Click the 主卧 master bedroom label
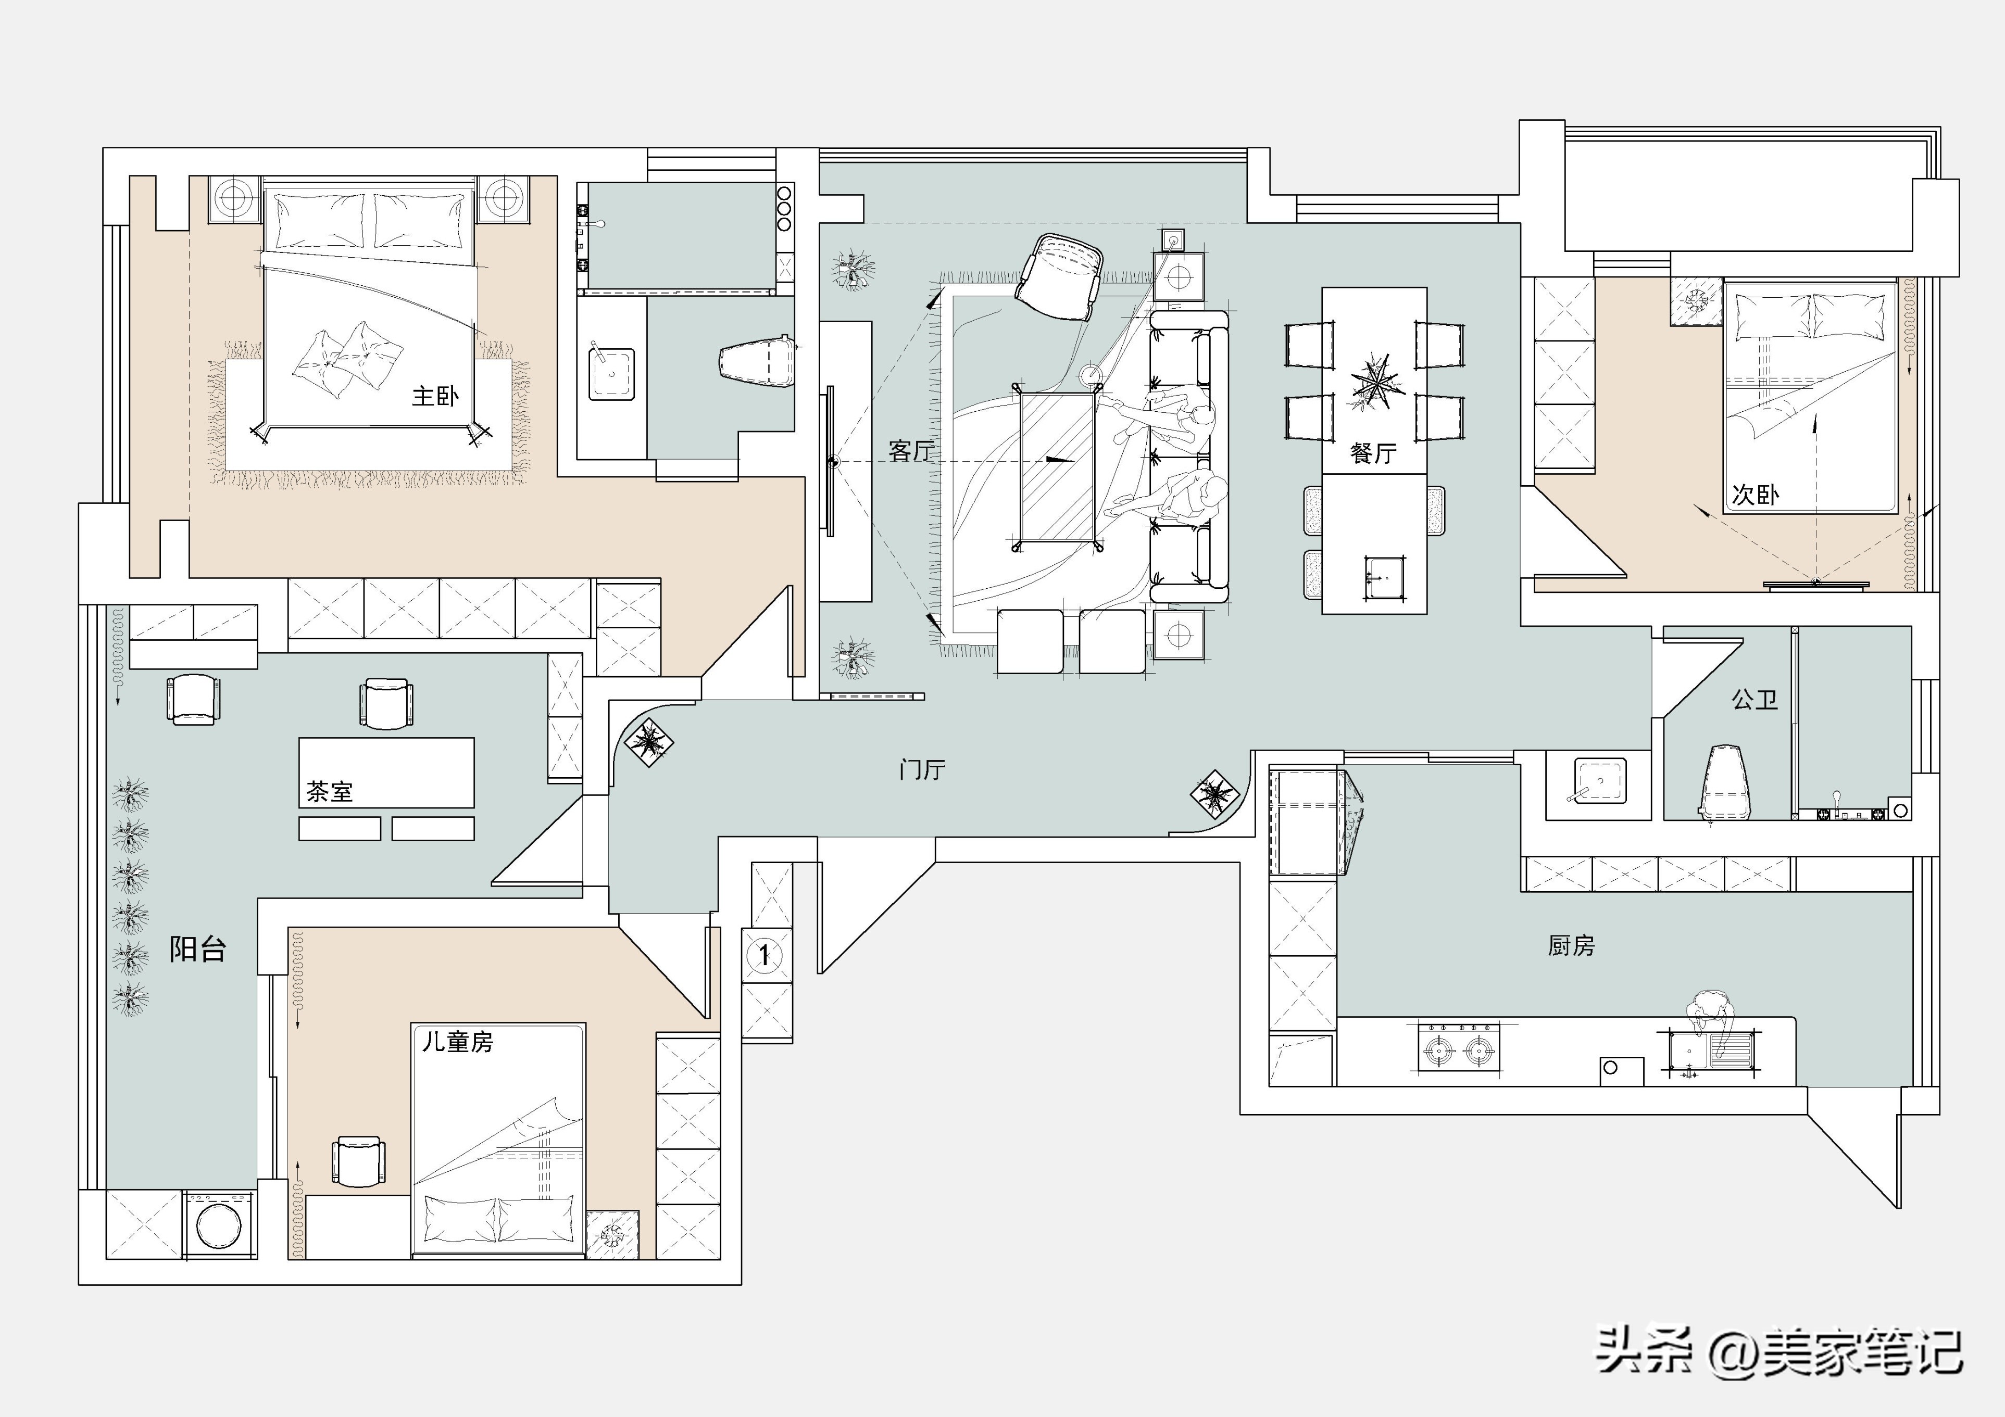click(x=435, y=396)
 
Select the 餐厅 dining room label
click(x=1373, y=453)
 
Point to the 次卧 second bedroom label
click(x=1755, y=495)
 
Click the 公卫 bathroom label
click(x=1755, y=699)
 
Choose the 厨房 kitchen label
click(x=1572, y=945)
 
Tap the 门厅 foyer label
click(x=922, y=769)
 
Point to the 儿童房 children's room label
click(x=458, y=1042)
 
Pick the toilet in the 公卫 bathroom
click(x=1725, y=784)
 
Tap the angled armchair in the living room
click(x=1058, y=277)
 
